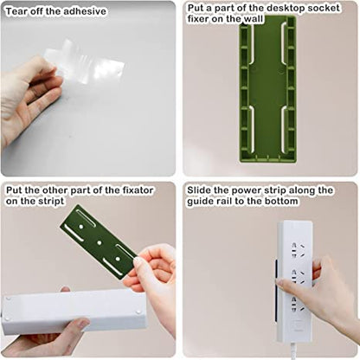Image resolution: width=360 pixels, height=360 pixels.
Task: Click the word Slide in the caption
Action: click(200, 190)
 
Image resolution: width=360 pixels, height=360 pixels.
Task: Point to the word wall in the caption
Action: click(255, 19)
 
